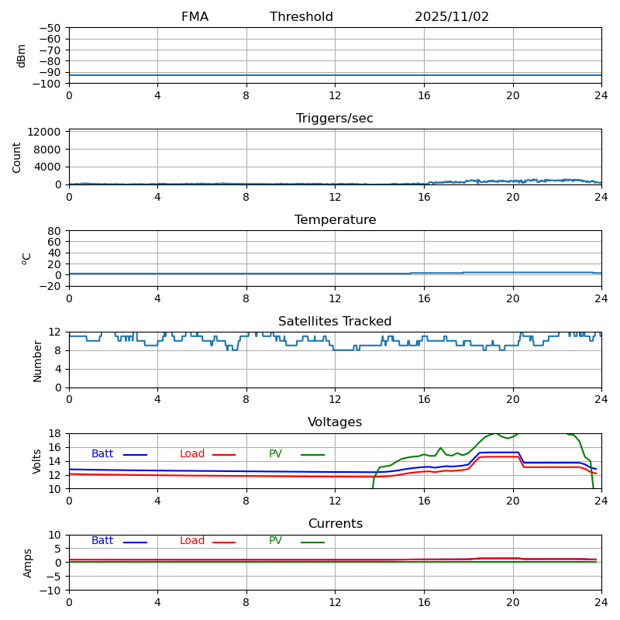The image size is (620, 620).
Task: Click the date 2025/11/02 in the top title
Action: coord(452,17)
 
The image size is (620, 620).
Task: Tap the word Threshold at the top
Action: coord(301,17)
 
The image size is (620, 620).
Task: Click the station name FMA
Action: coord(195,17)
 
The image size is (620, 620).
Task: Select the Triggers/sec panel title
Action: coord(335,119)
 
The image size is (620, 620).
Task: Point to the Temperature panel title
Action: coord(335,220)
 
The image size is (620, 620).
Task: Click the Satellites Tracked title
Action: coord(335,322)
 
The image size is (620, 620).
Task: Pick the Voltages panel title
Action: coord(335,422)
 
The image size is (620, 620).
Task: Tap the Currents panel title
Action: coord(335,524)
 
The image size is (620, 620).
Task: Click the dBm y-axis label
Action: coord(22,56)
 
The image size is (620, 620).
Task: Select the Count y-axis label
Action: coord(17,157)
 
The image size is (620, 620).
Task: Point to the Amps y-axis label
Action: coord(28,563)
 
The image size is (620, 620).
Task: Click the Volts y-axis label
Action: coord(37,461)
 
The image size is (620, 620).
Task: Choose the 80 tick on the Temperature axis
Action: coord(54,231)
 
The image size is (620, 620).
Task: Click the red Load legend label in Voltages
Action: coord(192,454)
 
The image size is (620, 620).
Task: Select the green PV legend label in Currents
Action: coord(275,541)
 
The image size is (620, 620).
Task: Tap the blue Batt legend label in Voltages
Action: coord(102,454)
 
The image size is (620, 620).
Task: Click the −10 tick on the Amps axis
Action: coord(51,591)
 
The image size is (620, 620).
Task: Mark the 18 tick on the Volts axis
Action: coord(56,434)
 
